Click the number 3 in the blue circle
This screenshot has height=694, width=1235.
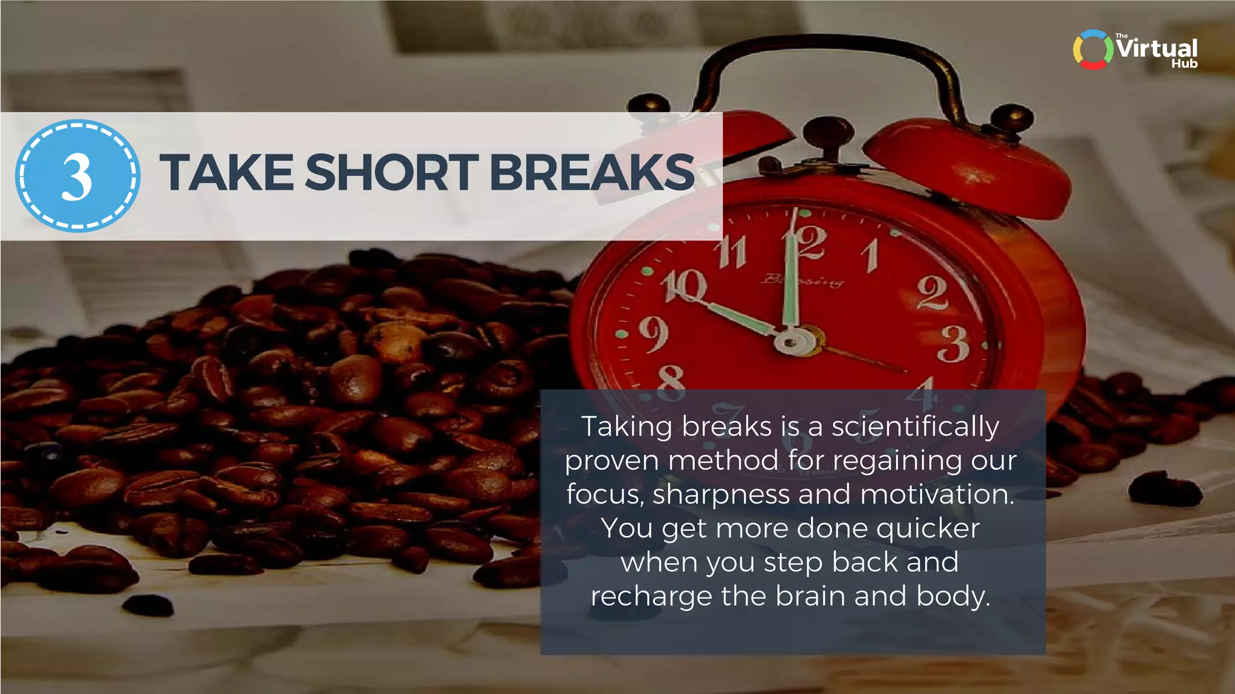[77, 176]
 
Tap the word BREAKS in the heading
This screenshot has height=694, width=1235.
[592, 173]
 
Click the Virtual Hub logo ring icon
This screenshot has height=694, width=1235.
[1093, 49]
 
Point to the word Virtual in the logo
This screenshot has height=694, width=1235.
[1157, 48]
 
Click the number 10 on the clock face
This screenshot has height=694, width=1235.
[683, 286]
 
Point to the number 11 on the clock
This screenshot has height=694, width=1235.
[733, 252]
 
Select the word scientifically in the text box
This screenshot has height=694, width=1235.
[915, 427]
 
